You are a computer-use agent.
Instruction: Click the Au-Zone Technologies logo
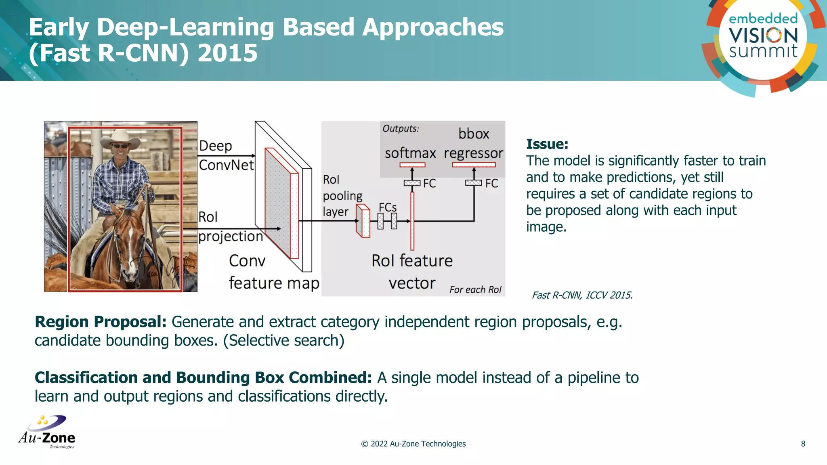tap(47, 432)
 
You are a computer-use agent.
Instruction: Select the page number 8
tap(803, 444)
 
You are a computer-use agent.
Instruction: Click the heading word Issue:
tap(547, 144)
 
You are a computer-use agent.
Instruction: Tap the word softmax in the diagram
tap(410, 153)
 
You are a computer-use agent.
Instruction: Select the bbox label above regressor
tap(473, 134)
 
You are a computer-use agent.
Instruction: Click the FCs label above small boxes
tap(387, 207)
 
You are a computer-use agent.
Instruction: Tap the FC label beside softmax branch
tap(429, 183)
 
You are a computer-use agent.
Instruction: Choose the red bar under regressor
tap(474, 165)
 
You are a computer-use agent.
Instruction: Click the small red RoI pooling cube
tap(363, 221)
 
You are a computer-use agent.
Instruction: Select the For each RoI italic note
tap(475, 289)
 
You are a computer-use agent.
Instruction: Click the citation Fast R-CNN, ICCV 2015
tap(582, 295)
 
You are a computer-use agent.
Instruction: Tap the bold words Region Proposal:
tap(101, 322)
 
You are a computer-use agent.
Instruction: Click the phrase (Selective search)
tap(283, 340)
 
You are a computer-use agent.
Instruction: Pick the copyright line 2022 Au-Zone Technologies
tap(413, 444)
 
